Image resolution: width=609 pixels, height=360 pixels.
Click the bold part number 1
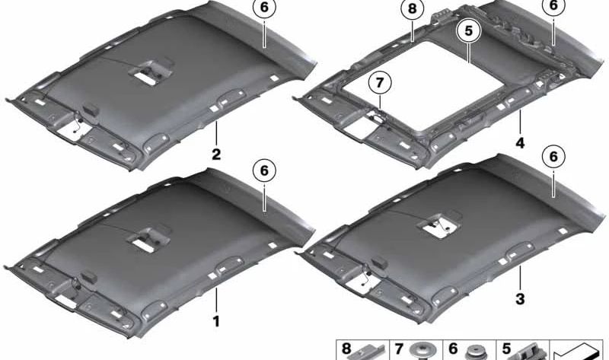(216, 321)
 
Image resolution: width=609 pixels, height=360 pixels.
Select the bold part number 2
(216, 155)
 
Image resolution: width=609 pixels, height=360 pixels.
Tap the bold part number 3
(520, 298)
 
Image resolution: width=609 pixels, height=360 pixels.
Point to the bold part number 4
(520, 143)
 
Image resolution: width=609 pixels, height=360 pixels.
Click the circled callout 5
(468, 30)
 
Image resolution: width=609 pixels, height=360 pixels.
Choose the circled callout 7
(379, 83)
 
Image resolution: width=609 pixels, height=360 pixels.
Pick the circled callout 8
(412, 8)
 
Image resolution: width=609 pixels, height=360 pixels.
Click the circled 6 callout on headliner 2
(264, 8)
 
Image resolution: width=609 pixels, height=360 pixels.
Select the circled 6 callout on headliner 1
(264, 170)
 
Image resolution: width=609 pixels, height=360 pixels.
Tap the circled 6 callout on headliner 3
(553, 157)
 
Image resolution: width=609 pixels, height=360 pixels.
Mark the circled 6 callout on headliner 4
(553, 7)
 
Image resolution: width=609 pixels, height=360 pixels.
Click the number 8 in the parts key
(346, 349)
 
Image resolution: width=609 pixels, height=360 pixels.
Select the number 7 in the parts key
(399, 349)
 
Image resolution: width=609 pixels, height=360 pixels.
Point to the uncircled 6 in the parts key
(453, 349)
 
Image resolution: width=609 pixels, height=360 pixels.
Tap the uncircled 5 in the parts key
(506, 349)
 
